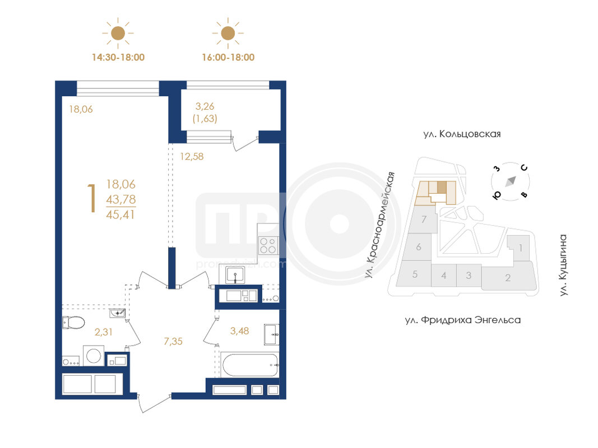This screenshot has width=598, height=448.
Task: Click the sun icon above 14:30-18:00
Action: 118,33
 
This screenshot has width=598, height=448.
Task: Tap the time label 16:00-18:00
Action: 228,58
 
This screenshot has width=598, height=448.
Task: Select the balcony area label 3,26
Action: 205,106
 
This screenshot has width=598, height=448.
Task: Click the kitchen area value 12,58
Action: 192,156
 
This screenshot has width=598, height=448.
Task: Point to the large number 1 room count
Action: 91,198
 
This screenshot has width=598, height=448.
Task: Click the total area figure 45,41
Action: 120,214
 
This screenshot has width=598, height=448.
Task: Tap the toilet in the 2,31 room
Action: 73,323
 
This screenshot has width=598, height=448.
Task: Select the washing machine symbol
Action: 94,356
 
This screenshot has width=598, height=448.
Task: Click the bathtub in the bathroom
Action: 250,365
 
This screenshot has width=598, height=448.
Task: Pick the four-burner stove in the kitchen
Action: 268,245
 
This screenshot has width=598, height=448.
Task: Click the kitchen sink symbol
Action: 235,274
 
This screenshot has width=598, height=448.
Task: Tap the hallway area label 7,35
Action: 173,342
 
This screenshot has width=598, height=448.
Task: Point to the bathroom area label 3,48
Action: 239,330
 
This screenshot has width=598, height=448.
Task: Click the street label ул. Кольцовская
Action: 462,134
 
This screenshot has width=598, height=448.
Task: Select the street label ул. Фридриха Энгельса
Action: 462,320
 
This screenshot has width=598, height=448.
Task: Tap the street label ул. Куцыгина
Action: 563,265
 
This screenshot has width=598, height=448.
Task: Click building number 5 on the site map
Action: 415,274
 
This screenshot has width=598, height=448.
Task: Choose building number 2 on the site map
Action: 508,278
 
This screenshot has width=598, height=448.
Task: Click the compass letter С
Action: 525,167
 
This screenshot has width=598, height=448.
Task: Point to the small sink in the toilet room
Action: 117,313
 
